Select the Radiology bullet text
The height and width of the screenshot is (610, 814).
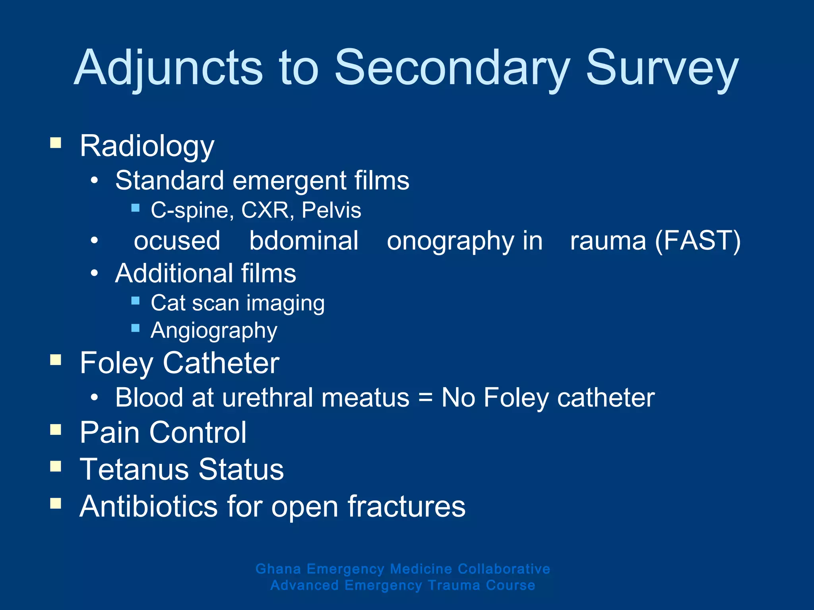147,146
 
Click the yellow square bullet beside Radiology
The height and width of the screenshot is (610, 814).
56,143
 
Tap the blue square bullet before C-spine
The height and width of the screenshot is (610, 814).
135,207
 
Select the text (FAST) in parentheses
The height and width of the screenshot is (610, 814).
698,241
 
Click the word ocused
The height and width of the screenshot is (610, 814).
177,241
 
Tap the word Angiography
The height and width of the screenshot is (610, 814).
214,331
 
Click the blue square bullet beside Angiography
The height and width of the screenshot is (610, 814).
135,328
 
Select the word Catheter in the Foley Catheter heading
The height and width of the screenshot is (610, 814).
221,363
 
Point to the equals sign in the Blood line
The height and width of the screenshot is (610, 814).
425,398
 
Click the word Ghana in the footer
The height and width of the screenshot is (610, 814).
278,569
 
